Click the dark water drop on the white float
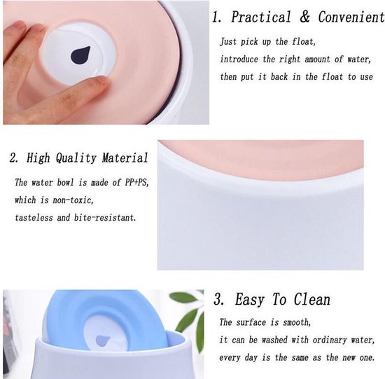pyautogui.click(x=80, y=55)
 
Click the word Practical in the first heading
pyautogui.click(x=261, y=17)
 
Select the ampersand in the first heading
pyautogui.click(x=304, y=17)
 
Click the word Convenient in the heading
pyautogui.click(x=351, y=17)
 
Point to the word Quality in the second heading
pyautogui.click(x=76, y=158)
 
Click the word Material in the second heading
pyautogui.click(x=125, y=158)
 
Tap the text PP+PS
pyautogui.click(x=136, y=182)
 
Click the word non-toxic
pyautogui.click(x=73, y=200)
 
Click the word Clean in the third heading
pyautogui.click(x=312, y=299)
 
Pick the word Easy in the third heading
pyautogui.click(x=250, y=300)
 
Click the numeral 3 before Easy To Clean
pyautogui.click(x=218, y=299)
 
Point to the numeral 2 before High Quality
pyautogui.click(x=13, y=158)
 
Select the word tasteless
pyautogui.click(x=34, y=217)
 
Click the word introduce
pyautogui.click(x=239, y=60)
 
